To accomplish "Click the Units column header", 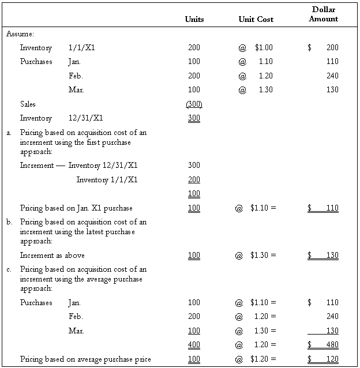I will click(194, 19).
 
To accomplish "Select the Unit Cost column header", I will click(256, 19).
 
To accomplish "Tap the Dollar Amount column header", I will click(323, 14).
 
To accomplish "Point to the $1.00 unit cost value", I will click(264, 47).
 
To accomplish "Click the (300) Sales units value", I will click(194, 104).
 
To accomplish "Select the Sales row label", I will click(28, 104).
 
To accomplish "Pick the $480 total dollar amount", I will click(323, 344).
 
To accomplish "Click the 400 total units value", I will click(194, 344).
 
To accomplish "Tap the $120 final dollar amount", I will click(323, 359).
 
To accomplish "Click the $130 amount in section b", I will click(323, 255).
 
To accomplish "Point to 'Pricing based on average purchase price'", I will click(85, 359).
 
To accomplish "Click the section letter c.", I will click(9, 269).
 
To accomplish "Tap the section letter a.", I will click(9, 132).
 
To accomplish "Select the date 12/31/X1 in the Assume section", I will click(85, 118).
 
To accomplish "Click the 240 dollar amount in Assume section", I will click(332, 76).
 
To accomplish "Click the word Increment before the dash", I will click(37, 165).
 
